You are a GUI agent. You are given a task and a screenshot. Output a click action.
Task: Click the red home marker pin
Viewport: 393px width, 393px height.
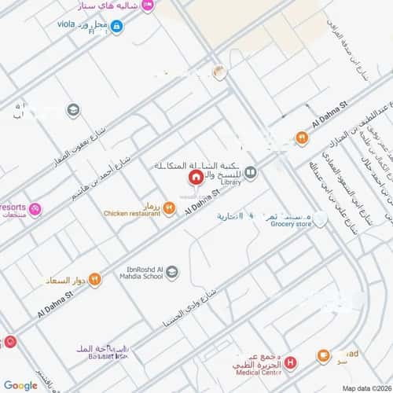click(184, 174)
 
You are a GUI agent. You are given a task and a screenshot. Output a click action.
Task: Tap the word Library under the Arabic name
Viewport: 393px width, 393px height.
click(231, 182)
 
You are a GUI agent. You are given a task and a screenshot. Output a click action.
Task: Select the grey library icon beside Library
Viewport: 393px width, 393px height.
click(250, 172)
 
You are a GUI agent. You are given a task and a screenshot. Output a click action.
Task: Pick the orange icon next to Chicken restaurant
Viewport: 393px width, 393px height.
click(169, 208)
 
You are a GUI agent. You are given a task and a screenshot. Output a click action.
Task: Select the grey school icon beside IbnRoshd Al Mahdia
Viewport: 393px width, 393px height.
click(172, 272)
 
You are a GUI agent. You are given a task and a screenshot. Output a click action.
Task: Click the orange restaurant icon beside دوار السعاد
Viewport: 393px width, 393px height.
click(94, 277)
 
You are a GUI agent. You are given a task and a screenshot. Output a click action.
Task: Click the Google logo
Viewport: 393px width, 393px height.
click(20, 385)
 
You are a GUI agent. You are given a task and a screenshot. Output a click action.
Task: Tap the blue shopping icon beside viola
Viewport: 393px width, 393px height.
click(116, 27)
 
